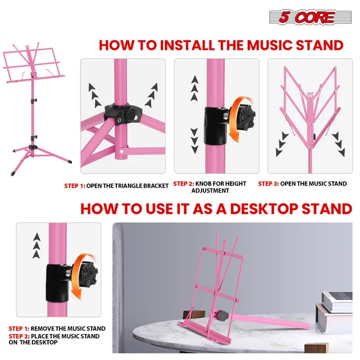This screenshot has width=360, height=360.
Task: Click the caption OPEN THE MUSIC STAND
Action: pyautogui.click(x=313, y=184)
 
